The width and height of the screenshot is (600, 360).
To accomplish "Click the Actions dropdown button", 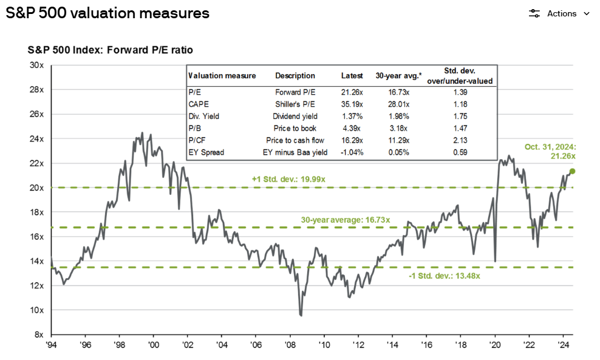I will coord(559,13).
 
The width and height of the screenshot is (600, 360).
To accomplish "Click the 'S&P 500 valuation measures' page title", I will coord(107,13).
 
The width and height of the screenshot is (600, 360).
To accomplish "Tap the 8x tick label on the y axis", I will coord(38,335).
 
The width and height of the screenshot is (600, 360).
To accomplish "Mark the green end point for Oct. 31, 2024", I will coord(572,171).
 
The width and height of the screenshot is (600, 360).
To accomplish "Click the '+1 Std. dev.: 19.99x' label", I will coord(289,179).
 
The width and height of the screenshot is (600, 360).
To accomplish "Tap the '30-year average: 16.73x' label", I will coord(346,219).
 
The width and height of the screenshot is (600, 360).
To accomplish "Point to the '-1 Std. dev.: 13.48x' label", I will coord(445,276).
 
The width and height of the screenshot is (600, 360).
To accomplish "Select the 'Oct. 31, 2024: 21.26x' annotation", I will coord(550,151).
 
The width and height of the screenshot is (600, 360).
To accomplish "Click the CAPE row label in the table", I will coord(199,104).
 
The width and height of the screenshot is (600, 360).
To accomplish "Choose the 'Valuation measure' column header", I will coord(222,76).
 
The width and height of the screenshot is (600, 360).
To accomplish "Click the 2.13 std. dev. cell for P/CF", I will coord(465,140).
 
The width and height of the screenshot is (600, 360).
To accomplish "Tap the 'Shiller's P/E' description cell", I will coord(295,104).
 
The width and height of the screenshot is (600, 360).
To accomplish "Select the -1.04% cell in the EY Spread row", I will coord(352,152).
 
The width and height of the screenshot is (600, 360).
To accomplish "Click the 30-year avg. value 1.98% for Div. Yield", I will coord(398,116).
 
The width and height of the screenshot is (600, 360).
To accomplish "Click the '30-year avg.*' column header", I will coord(398,76).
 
